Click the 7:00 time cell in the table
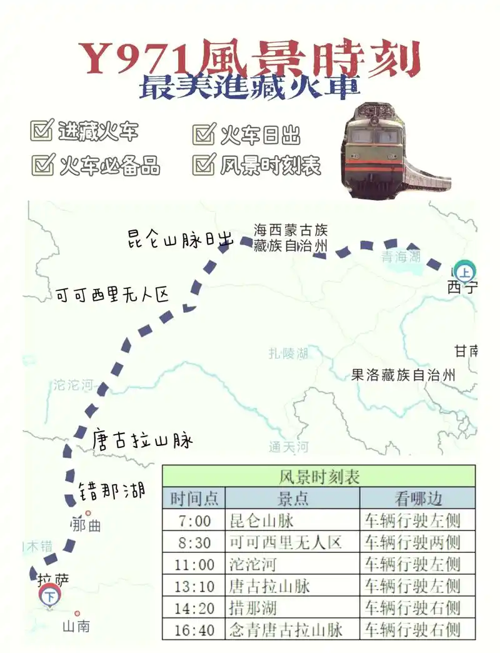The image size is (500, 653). [194, 520]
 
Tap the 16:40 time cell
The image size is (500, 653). [194, 629]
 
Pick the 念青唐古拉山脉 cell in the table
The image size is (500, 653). [286, 629]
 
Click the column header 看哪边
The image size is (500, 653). [417, 499]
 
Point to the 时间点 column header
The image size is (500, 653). [194, 499]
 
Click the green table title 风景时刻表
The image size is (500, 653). [319, 477]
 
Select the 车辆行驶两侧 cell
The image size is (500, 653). [412, 542]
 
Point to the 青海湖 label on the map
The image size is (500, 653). [401, 256]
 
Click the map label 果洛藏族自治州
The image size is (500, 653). [403, 375]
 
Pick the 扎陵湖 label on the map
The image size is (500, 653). [288, 353]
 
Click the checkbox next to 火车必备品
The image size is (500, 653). [42, 165]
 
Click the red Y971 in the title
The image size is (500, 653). [134, 61]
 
